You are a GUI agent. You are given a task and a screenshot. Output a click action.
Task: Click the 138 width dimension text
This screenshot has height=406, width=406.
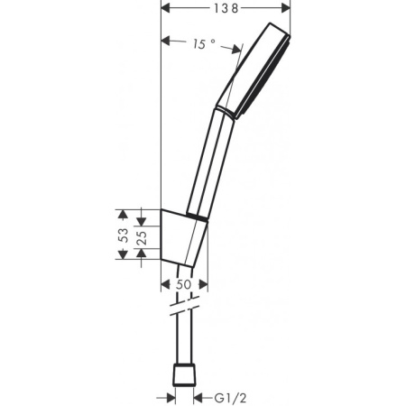[x=226, y=8]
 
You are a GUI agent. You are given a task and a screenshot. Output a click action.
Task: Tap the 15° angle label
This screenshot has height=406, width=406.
[x=203, y=42]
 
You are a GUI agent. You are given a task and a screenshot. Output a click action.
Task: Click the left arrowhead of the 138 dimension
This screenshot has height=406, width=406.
[x=166, y=8]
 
